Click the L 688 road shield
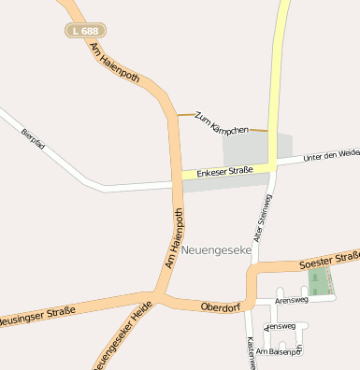pyautogui.click(x=83, y=31)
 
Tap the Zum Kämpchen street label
pyautogui.click(x=222, y=122)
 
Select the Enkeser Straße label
pyautogui.click(x=224, y=172)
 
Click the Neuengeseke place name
pyautogui.click(x=216, y=250)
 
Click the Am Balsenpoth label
pyautogui.click(x=279, y=351)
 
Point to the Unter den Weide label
pyautogui.click(x=332, y=153)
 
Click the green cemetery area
pyautogui.click(x=320, y=281)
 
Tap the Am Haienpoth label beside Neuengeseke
pyautogui.click(x=175, y=240)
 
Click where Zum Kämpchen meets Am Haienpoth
pyautogui.click(x=177, y=115)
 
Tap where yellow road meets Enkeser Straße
pyautogui.click(x=271, y=165)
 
